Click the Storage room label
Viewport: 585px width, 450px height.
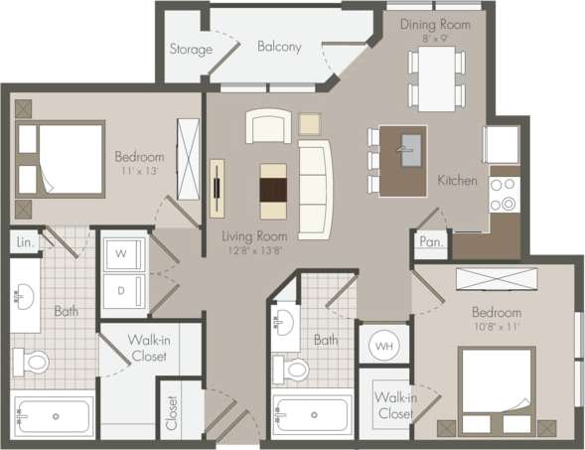(190, 49)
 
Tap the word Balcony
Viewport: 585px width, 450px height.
(279, 46)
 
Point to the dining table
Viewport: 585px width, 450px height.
(436, 76)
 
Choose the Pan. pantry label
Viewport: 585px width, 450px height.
(430, 241)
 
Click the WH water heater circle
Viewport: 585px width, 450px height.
(382, 346)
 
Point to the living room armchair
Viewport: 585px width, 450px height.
(269, 127)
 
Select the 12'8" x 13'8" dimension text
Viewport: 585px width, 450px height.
(256, 251)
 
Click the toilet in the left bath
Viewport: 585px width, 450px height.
(34, 360)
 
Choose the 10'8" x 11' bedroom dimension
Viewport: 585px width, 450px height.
(498, 327)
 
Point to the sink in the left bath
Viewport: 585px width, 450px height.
(24, 295)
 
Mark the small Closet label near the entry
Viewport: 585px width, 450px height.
(172, 411)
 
